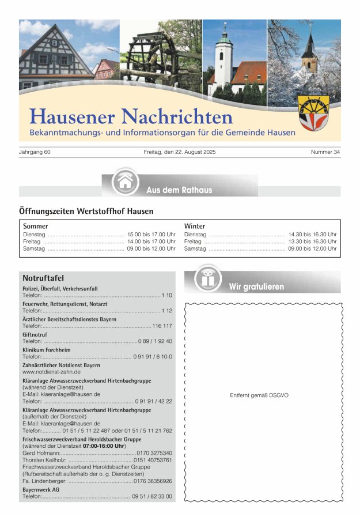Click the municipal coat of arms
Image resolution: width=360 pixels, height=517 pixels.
click(313, 113)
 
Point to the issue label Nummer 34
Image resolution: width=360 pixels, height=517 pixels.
click(325, 152)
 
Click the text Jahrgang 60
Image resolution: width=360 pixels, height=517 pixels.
click(36, 152)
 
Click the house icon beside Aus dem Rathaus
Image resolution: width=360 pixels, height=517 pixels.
click(125, 183)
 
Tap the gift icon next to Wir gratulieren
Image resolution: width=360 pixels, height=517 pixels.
click(207, 279)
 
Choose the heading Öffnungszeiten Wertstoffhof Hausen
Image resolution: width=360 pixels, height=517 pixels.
click(86, 211)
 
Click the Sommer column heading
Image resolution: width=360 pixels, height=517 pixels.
click(35, 226)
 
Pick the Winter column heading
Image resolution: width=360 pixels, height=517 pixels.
click(195, 226)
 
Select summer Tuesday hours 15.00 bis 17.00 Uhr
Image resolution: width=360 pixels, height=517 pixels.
click(151, 235)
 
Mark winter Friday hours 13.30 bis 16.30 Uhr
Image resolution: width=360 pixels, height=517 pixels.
click(312, 241)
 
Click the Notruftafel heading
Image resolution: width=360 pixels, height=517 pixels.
click(43, 278)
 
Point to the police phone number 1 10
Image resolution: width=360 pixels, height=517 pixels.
click(166, 295)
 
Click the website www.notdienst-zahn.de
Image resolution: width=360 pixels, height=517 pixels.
click(51, 372)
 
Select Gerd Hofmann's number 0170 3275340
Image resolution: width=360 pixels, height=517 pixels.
click(154, 453)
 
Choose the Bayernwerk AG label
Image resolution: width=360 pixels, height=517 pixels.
click(40, 489)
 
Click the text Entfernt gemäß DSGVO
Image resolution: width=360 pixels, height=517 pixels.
click(259, 395)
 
